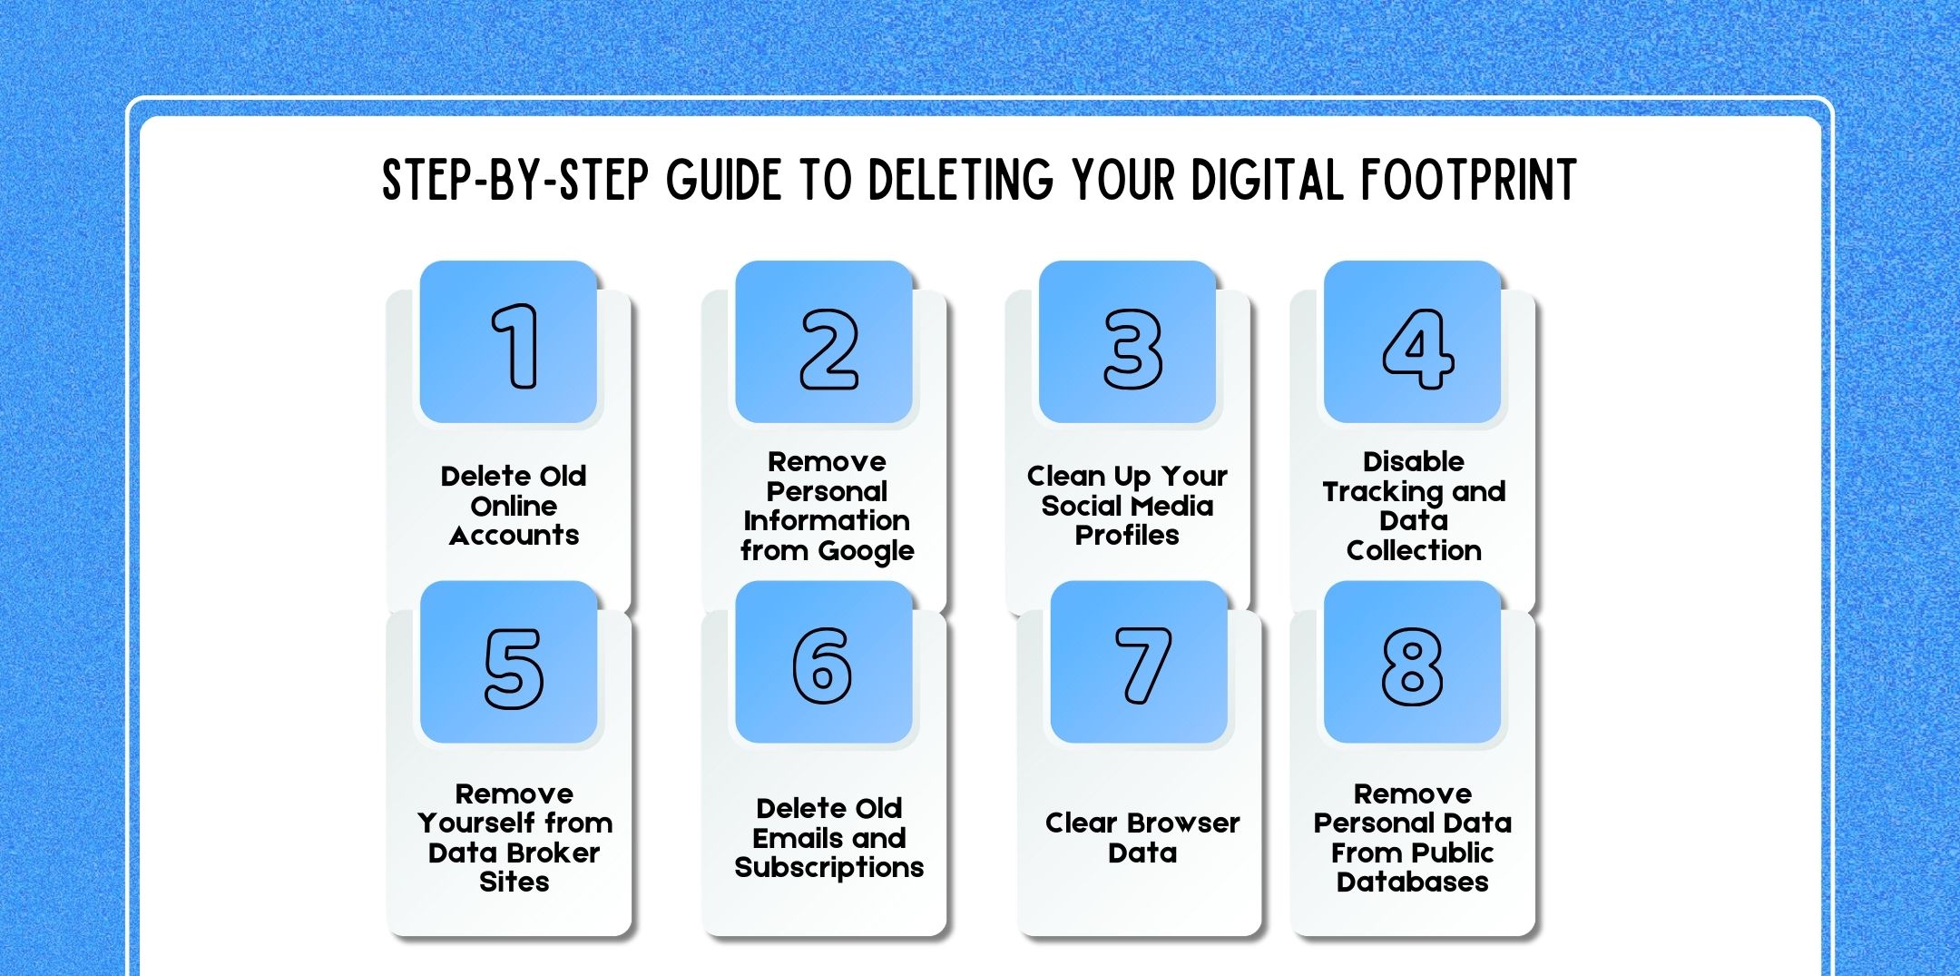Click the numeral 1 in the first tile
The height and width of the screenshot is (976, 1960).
(x=515, y=346)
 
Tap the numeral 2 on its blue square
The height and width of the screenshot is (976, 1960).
(x=828, y=349)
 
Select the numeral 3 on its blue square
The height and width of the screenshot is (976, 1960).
(x=1132, y=349)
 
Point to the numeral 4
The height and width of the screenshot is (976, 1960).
(x=1417, y=349)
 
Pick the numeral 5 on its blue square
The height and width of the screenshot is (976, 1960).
(x=514, y=668)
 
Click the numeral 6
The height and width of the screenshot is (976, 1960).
(x=822, y=665)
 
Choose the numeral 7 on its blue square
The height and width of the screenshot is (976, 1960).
(x=1142, y=665)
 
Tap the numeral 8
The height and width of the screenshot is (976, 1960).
(x=1412, y=667)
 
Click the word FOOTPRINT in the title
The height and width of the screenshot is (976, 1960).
(x=1468, y=180)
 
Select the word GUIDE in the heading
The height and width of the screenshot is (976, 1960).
(x=723, y=180)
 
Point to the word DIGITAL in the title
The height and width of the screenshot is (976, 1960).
(x=1266, y=180)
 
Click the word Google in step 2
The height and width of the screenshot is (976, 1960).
(x=867, y=551)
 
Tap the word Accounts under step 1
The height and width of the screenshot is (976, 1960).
(x=514, y=536)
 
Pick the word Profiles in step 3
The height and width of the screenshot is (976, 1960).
(x=1127, y=536)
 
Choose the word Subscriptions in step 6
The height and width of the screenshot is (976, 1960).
(x=828, y=868)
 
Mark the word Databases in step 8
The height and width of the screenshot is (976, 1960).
(x=1412, y=882)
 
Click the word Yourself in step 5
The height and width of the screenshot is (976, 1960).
(x=476, y=823)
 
